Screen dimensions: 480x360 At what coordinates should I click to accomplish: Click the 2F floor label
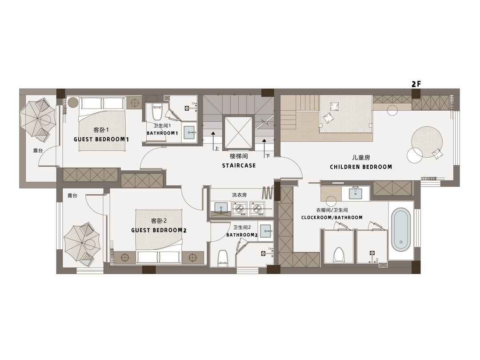[x=416, y=84]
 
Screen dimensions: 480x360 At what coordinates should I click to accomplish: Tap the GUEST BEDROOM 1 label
[x=101, y=139]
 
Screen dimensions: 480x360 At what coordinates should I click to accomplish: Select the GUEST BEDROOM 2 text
[x=159, y=230]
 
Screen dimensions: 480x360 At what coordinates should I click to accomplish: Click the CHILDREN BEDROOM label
[x=361, y=167]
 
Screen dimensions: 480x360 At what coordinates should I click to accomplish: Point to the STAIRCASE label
[x=239, y=166]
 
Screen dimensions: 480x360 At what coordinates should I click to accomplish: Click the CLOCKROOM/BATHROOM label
[x=332, y=218]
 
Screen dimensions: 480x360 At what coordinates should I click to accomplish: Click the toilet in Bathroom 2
[x=223, y=258]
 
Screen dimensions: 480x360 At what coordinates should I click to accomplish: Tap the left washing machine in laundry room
[x=239, y=209]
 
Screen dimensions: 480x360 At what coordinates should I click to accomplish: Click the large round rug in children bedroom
[x=427, y=142]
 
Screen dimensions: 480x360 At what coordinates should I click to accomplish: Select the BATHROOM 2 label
[x=242, y=235]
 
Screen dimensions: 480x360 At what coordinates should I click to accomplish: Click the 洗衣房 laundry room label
[x=239, y=195]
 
